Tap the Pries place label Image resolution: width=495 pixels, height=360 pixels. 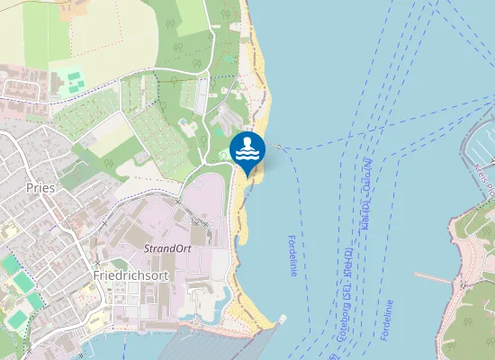tap(41, 188)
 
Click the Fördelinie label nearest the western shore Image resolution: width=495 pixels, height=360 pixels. tap(292, 256)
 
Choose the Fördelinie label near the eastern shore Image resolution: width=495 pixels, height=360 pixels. tap(388, 319)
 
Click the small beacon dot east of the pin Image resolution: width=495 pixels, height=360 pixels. tap(280, 147)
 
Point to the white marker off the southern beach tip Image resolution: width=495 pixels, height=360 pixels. tap(283, 318)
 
